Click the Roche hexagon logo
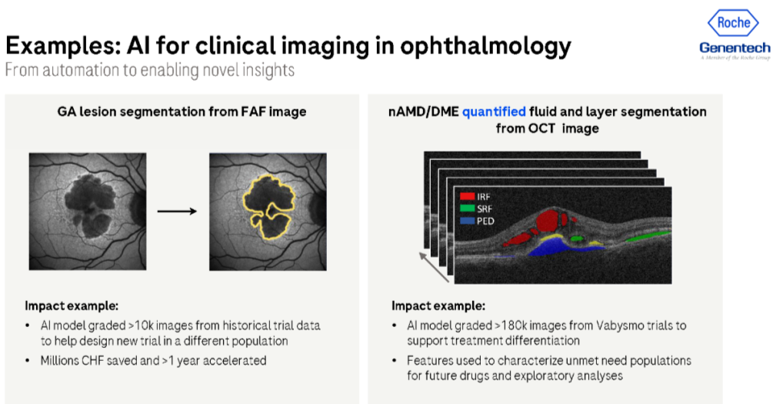coord(734,22)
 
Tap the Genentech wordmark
coord(735,48)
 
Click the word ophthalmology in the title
coord(485,46)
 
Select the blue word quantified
coord(493,112)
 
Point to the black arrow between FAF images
coord(177,212)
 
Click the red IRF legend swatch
coord(468,197)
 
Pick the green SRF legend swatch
coord(468,209)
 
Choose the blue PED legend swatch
coord(468,221)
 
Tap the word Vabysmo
coord(618,326)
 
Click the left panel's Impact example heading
coord(72,306)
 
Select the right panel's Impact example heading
coord(438,306)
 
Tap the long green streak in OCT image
coord(648,236)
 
